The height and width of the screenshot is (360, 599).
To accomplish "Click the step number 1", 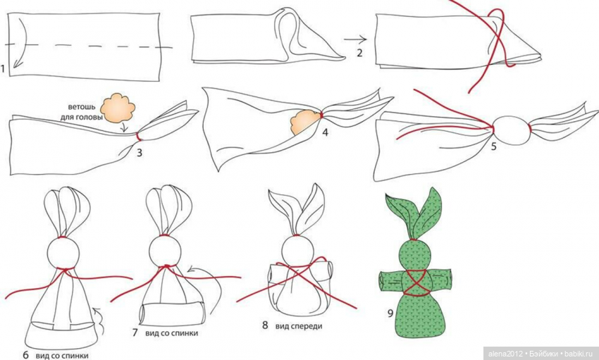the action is (x=3, y=69).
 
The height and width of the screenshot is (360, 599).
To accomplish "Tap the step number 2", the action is (x=359, y=52).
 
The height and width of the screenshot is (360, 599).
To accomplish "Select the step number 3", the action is (x=140, y=153).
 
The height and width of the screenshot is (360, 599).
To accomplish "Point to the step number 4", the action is (x=325, y=132).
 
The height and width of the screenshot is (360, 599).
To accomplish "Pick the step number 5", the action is (x=493, y=147).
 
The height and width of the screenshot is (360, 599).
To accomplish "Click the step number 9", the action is (x=390, y=314).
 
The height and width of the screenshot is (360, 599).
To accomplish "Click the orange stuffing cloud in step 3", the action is (x=118, y=107).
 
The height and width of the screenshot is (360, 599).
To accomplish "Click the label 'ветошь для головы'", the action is (x=82, y=112).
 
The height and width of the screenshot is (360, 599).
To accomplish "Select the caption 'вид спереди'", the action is (x=298, y=326).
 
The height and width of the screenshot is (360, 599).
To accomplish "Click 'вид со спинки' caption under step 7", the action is (x=171, y=333).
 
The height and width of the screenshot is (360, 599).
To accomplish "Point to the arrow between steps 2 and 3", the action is (x=355, y=39).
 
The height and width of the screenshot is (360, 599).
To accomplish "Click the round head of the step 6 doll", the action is (x=63, y=254).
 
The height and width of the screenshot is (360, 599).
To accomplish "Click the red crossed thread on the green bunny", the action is (x=416, y=283).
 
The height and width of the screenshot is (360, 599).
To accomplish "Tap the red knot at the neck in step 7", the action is (x=166, y=266).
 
